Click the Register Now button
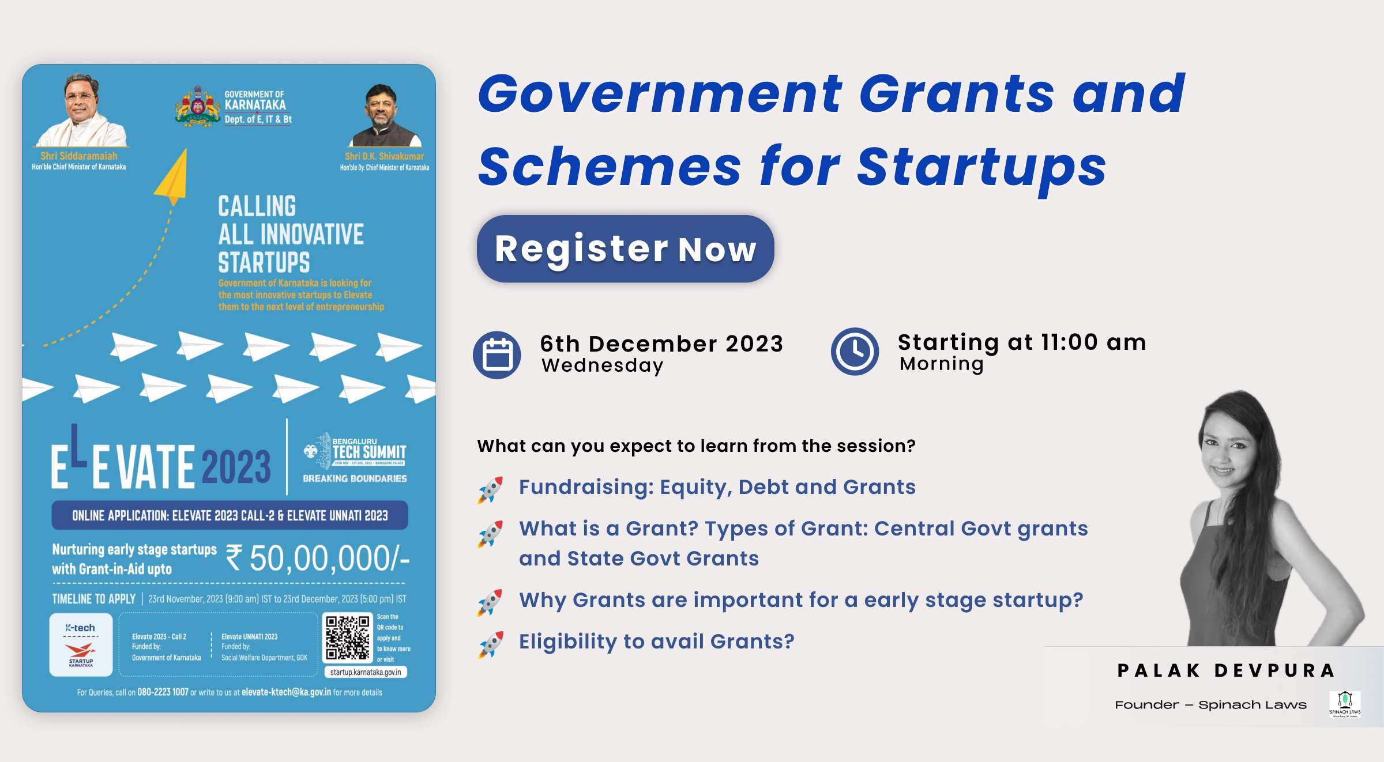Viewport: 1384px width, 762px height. (x=625, y=249)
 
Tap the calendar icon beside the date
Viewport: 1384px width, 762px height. (x=497, y=354)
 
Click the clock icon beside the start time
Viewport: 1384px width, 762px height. (x=855, y=352)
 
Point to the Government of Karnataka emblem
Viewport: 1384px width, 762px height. (x=198, y=106)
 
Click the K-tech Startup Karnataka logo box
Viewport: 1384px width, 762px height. (x=81, y=644)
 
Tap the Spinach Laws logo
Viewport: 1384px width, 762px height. (x=1345, y=704)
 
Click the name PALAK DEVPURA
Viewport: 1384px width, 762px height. (x=1226, y=670)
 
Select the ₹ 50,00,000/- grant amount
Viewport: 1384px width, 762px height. (x=317, y=558)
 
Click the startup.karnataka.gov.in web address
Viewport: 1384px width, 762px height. (x=366, y=672)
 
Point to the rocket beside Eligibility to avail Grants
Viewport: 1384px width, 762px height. (x=490, y=644)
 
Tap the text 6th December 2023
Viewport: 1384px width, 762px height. (x=661, y=344)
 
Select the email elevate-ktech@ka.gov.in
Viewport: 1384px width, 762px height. (x=286, y=692)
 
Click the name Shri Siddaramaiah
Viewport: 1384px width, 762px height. (x=79, y=156)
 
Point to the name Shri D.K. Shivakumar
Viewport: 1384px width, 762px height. (x=384, y=156)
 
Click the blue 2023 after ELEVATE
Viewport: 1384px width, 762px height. (x=236, y=467)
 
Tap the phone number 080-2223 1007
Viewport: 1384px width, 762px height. (x=163, y=692)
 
